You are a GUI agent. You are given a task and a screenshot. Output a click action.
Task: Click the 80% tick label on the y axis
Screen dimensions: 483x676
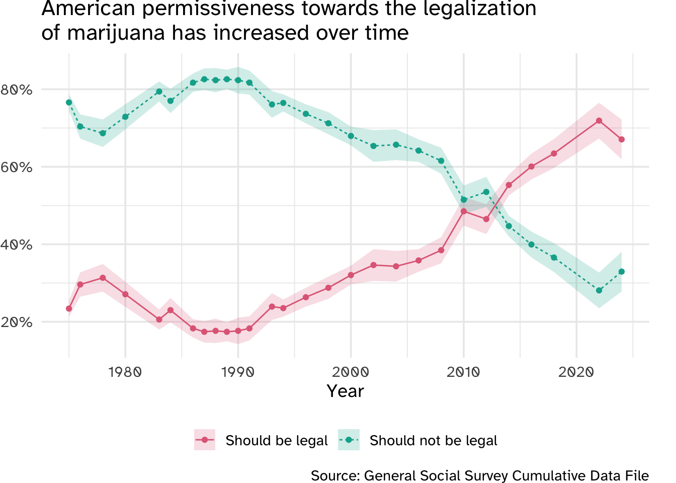pos(17,90)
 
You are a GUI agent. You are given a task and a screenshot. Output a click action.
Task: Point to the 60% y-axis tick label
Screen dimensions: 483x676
pos(17,167)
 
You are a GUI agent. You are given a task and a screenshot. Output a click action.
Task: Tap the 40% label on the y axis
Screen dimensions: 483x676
pos(17,245)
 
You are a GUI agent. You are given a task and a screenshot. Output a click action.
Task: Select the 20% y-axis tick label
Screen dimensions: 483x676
pos(17,323)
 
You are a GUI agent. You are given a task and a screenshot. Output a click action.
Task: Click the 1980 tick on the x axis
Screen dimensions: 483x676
pos(125,372)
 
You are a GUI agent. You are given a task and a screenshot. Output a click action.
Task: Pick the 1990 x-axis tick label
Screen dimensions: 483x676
pos(238,372)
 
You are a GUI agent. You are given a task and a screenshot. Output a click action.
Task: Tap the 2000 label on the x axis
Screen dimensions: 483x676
pos(351,372)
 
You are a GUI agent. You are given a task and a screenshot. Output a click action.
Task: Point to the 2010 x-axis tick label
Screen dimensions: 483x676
pos(463,372)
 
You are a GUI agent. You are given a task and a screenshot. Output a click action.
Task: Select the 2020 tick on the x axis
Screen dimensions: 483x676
pos(576,372)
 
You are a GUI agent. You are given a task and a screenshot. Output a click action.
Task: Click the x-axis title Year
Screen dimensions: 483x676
pos(345,391)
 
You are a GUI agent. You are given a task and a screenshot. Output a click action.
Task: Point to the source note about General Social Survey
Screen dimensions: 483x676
pos(479,475)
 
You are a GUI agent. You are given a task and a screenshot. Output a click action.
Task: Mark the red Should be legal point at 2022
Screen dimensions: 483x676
pos(599,121)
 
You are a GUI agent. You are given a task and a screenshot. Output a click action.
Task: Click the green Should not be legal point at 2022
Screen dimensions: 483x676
pos(599,290)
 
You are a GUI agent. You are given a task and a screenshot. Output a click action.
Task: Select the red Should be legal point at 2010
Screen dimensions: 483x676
pos(464,211)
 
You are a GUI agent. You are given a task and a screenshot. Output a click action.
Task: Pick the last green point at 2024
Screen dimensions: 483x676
pos(621,272)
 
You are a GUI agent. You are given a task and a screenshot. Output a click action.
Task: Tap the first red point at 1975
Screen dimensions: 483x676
pos(69,308)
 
